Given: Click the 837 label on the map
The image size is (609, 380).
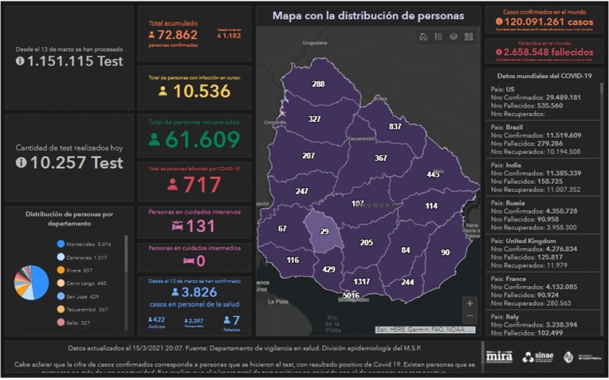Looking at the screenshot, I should point(395,126).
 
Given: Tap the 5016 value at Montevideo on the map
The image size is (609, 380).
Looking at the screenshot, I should point(351,296).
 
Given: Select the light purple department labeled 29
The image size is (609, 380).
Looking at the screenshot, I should point(324,231).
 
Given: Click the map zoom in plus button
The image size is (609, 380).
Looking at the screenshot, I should point(470,303).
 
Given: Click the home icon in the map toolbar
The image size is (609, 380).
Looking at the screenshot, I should point(423,37).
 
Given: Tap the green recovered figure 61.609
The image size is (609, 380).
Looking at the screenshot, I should point(203,139).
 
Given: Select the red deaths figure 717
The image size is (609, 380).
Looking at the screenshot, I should point(202,185).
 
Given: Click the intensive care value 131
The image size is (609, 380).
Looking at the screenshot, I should point(200,226).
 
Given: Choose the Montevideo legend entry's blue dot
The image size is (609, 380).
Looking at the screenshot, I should point(61,244).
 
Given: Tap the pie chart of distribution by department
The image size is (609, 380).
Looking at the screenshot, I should point(31,281).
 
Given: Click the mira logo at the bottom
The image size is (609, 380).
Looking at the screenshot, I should point(499,356).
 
